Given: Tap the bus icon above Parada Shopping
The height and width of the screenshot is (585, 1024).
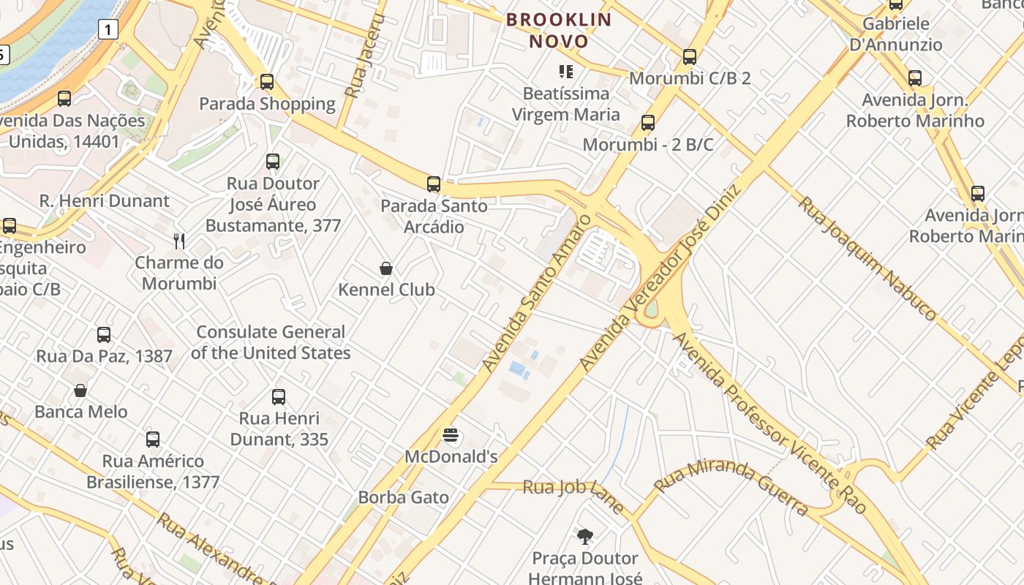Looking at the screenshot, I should pyautogui.click(x=267, y=82).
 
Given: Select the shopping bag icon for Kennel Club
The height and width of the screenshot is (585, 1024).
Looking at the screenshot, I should pyautogui.click(x=386, y=268).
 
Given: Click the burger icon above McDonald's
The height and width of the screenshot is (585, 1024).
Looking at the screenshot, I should pyautogui.click(x=451, y=436).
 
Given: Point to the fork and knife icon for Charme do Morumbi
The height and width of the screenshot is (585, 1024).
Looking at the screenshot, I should pyautogui.click(x=179, y=241).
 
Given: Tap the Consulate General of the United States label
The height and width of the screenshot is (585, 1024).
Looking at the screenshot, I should pyautogui.click(x=271, y=342).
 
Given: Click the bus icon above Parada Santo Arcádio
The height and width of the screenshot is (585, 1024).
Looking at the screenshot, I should pyautogui.click(x=434, y=184).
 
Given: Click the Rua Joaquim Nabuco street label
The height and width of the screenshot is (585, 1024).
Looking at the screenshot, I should pyautogui.click(x=867, y=257).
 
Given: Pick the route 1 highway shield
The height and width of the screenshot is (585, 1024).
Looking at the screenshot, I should pyautogui.click(x=108, y=30).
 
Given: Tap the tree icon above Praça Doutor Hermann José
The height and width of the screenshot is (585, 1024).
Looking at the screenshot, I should pyautogui.click(x=584, y=537).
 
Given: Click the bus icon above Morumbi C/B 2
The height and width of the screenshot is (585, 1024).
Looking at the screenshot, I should pyautogui.click(x=689, y=57).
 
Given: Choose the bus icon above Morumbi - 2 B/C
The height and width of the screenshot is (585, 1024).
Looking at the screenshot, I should pyautogui.click(x=647, y=123).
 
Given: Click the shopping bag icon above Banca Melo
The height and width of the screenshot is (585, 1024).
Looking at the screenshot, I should pyautogui.click(x=80, y=390).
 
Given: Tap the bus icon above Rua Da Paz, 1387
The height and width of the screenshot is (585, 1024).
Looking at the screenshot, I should pyautogui.click(x=104, y=335).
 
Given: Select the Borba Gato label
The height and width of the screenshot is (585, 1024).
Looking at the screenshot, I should pyautogui.click(x=403, y=498).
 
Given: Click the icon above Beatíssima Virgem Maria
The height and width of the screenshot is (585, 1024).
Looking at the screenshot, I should pyautogui.click(x=565, y=72).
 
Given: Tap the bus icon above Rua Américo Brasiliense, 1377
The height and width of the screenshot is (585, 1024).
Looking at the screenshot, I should pyautogui.click(x=152, y=439).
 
